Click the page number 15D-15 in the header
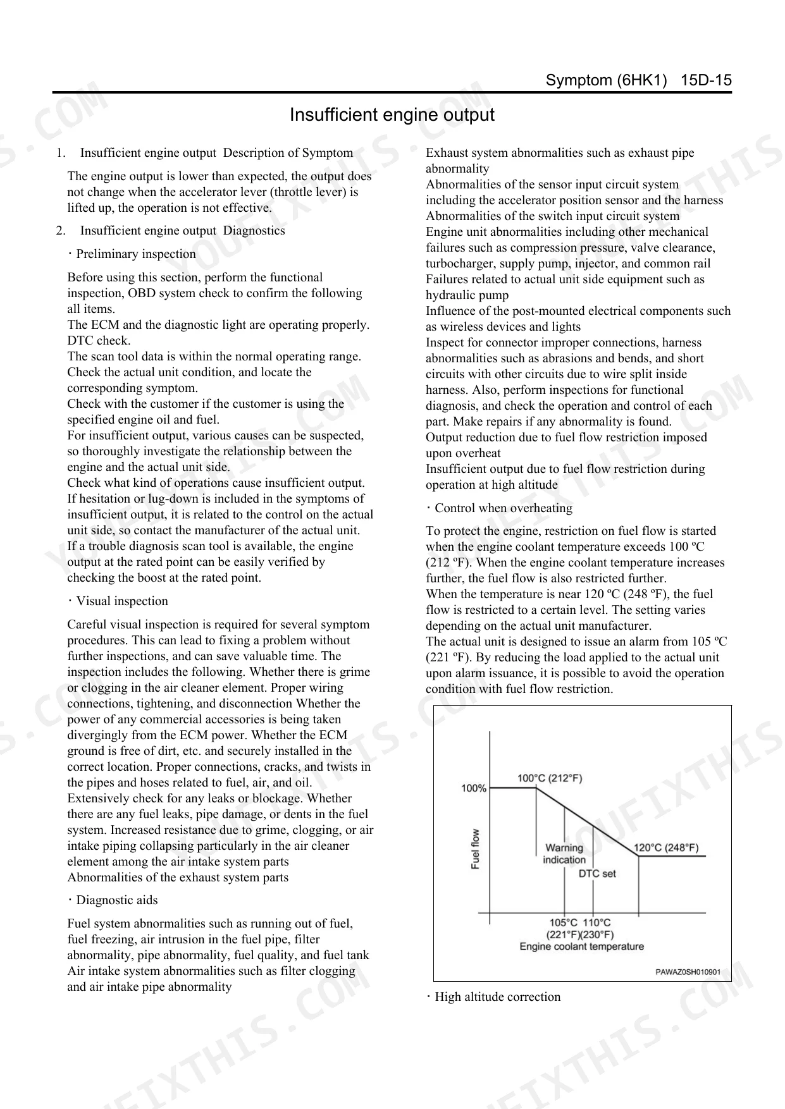pos(706,80)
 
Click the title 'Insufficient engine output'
pos(392,115)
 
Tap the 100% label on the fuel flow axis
pos(473,788)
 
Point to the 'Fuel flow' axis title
pos(476,849)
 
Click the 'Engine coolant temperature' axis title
pos(581,947)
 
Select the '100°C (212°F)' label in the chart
pos(550,778)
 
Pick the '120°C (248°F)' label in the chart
pos(666,848)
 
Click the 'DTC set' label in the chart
pos(597,874)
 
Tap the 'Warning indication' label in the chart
pos(564,854)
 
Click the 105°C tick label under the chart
pos(564,923)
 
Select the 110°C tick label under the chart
pos(597,923)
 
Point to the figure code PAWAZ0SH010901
pos(688,972)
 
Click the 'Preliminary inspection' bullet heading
pos(135,254)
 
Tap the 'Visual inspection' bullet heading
pos(121,601)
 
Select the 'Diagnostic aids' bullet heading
pos(116,900)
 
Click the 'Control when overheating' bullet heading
pos(503,508)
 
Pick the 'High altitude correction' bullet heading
pos(497,997)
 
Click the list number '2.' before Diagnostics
pos(61,231)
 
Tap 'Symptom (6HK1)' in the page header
pos(606,80)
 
